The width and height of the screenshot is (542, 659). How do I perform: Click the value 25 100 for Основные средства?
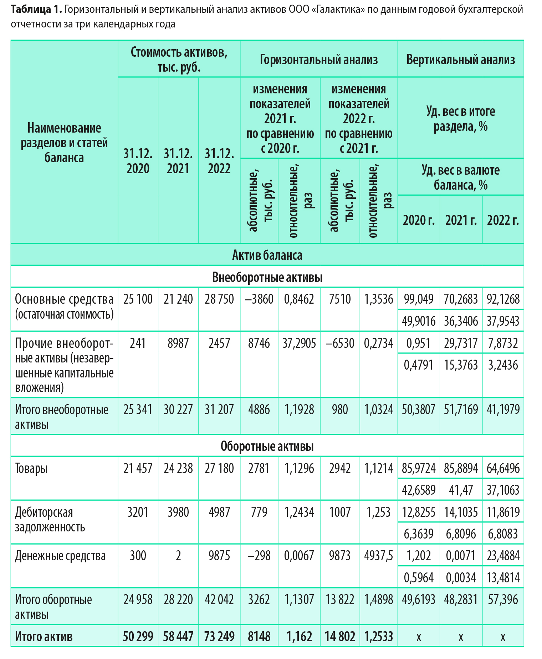(x=138, y=299)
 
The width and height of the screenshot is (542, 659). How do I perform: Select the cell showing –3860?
(x=259, y=299)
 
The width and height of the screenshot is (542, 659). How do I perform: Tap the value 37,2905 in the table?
(x=299, y=343)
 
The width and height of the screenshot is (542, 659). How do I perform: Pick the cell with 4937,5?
(x=378, y=555)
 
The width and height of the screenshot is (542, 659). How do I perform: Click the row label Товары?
(x=31, y=468)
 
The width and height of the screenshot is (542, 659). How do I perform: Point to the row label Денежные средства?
(x=60, y=555)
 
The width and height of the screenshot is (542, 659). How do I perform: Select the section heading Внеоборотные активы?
(x=267, y=277)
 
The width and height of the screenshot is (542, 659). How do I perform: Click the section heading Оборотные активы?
(x=267, y=446)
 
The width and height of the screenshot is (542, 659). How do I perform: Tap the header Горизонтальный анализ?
(x=318, y=59)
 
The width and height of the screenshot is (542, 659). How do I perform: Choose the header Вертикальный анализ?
(x=460, y=59)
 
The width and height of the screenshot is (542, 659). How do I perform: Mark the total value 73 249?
(x=219, y=636)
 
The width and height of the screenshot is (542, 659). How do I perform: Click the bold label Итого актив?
(x=44, y=636)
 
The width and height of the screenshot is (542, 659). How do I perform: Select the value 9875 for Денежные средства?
(x=219, y=555)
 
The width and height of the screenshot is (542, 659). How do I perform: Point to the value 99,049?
(x=418, y=299)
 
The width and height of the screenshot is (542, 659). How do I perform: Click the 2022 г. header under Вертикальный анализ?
(x=502, y=220)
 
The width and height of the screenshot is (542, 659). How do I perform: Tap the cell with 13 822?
(x=339, y=599)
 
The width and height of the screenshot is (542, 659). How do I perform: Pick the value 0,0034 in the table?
(x=460, y=577)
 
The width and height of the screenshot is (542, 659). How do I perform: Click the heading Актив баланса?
(x=267, y=255)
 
